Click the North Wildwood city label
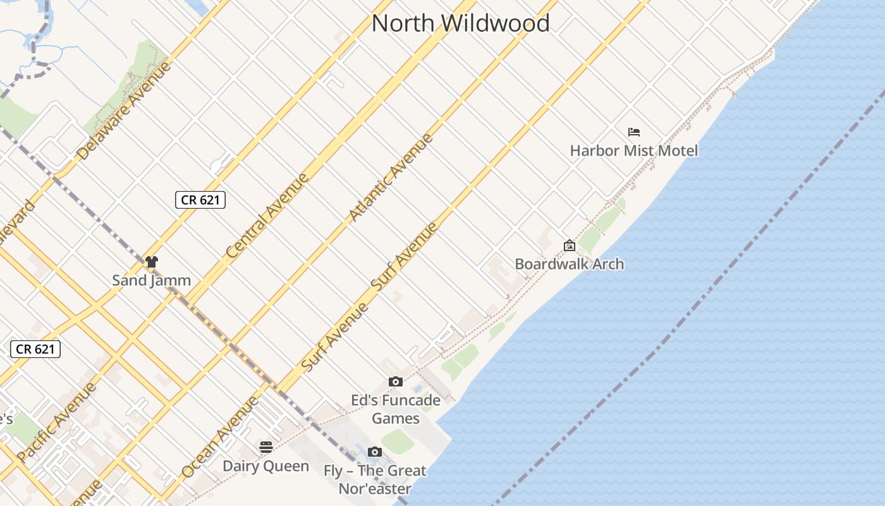[x=460, y=23]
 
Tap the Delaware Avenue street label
[x=124, y=110]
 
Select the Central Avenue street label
[x=267, y=215]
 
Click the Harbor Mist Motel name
[x=633, y=151]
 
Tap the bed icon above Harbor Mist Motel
[x=634, y=132]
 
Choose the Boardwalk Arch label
[x=569, y=264]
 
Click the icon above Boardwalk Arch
[x=569, y=245]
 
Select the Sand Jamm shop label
[x=151, y=280]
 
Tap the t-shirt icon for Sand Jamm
[x=151, y=261]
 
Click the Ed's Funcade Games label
[x=396, y=409]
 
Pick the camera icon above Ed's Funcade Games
[x=396, y=382]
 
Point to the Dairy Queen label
[x=265, y=466]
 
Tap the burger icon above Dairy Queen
[x=266, y=447]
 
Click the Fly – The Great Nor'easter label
[x=375, y=479]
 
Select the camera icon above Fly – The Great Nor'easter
[x=375, y=452]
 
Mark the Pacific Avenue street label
[x=57, y=422]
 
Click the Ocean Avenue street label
[x=220, y=436]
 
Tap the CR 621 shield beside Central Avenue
[x=200, y=200]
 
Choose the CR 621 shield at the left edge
[x=35, y=349]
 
